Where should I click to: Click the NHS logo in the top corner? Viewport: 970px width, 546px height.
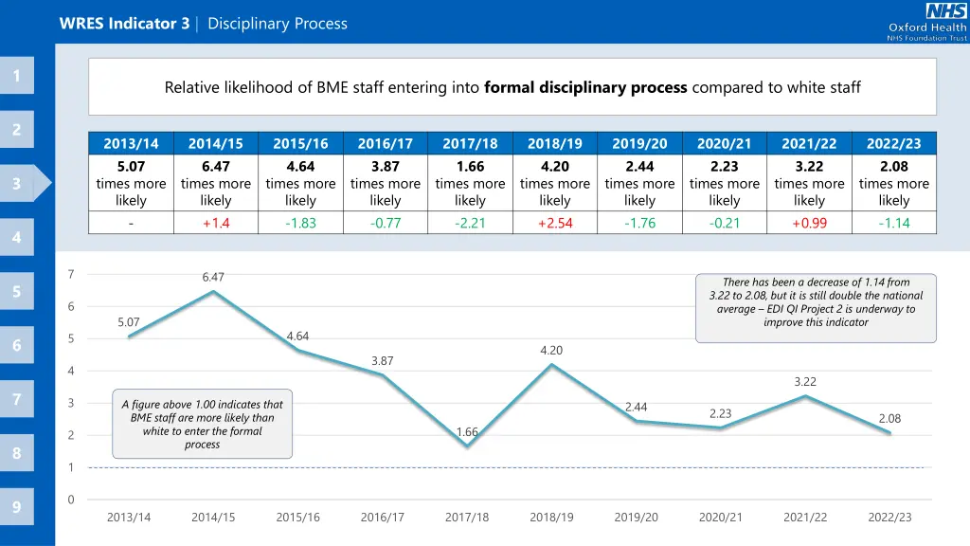tap(946, 12)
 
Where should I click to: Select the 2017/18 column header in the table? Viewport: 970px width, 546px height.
tap(470, 144)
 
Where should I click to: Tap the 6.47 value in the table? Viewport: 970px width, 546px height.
tap(216, 167)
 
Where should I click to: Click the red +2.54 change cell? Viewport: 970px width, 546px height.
tap(554, 223)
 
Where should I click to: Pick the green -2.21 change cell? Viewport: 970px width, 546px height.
tap(470, 223)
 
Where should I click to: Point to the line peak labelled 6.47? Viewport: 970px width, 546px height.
tap(213, 291)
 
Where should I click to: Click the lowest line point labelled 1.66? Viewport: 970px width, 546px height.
tap(467, 446)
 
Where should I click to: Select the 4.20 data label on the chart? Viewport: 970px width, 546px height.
tap(551, 351)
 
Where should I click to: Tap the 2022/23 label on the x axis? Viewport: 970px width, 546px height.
tap(889, 517)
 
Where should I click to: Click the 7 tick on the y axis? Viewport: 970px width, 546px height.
tap(71, 275)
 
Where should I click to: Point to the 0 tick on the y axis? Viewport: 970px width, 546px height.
tap(71, 500)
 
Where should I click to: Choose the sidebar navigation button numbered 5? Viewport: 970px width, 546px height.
tap(17, 292)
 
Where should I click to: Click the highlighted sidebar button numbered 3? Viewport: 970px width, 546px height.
tap(17, 184)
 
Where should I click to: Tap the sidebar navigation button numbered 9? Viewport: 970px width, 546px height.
tap(17, 507)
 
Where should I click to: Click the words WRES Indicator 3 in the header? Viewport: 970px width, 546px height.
tap(124, 24)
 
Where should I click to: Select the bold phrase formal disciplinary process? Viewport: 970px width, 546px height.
tap(585, 87)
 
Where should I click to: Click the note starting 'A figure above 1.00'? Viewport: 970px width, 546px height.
tap(202, 424)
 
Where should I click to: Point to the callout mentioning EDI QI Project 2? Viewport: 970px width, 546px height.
tap(816, 302)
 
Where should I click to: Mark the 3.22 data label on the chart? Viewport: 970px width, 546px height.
tap(805, 382)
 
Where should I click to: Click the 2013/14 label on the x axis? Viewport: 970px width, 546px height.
tap(129, 517)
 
